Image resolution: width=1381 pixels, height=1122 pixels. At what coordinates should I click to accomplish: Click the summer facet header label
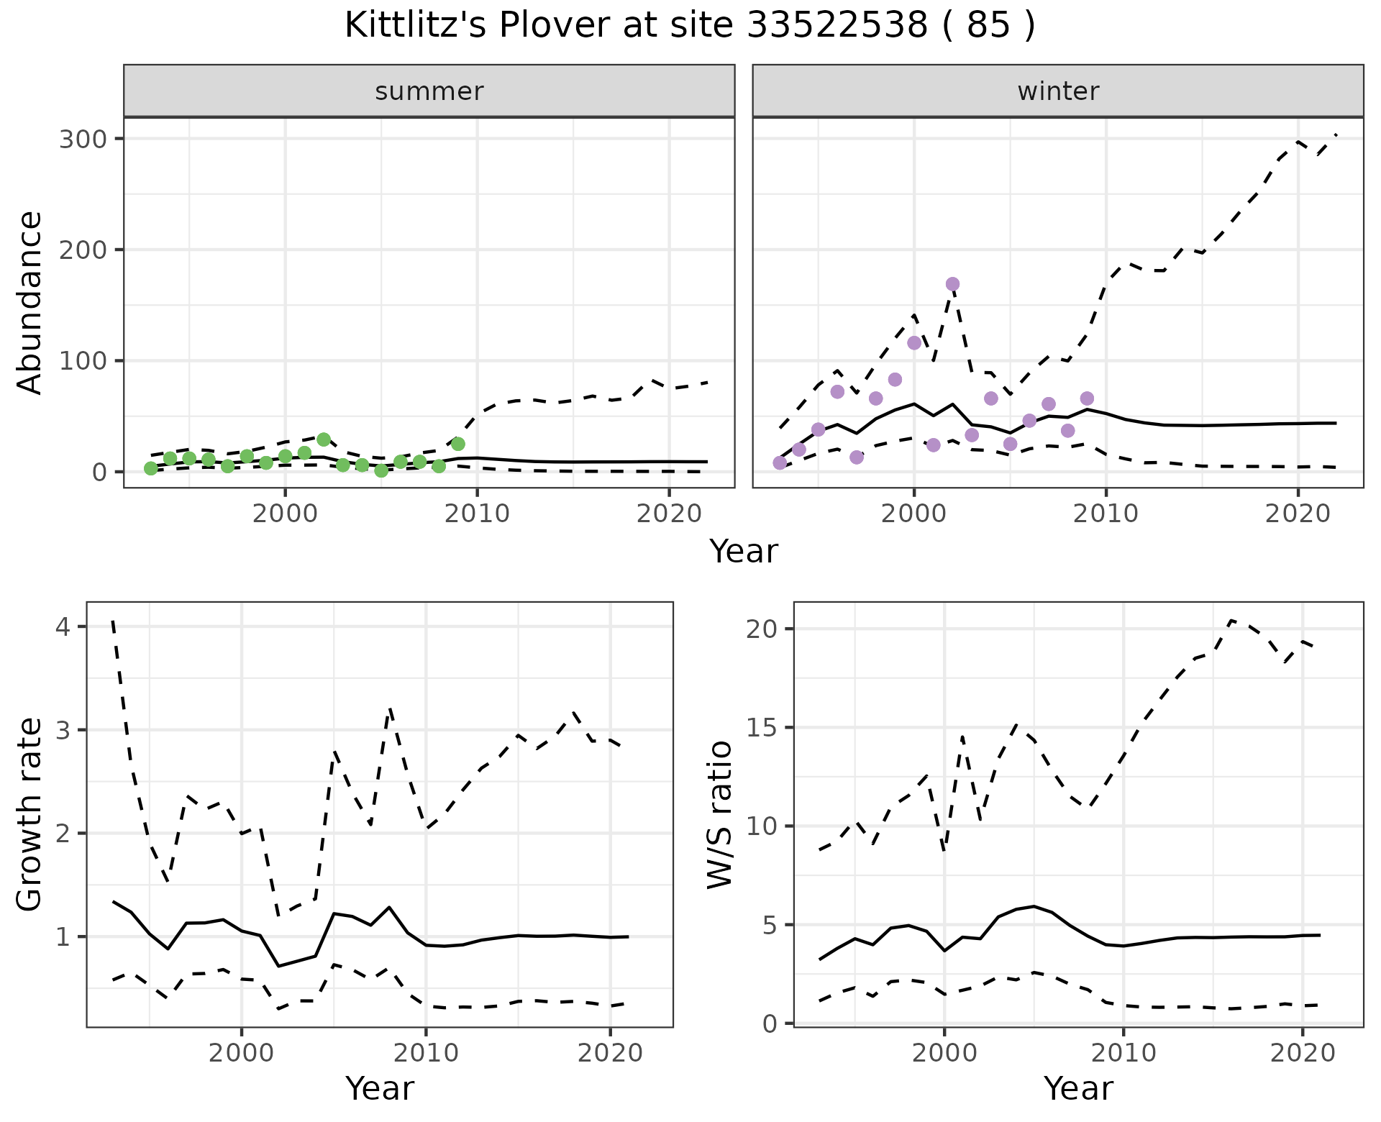tap(429, 91)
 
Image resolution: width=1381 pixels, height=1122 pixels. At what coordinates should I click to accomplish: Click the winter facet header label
tap(1058, 91)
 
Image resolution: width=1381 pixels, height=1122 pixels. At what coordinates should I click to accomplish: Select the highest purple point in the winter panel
tap(952, 284)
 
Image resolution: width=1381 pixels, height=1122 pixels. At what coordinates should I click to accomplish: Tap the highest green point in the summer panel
tap(324, 439)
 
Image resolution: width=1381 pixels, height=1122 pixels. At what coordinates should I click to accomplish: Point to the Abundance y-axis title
tap(30, 302)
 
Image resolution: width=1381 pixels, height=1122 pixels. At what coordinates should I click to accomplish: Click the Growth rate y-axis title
tap(30, 814)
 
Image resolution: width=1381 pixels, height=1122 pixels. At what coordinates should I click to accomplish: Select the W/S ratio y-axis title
tap(719, 814)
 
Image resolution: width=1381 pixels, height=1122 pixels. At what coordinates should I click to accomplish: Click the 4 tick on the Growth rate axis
tap(63, 627)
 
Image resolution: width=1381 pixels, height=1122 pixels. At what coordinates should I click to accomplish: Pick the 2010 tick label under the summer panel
tap(477, 514)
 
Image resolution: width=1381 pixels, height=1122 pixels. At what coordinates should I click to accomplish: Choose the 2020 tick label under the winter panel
tap(1298, 514)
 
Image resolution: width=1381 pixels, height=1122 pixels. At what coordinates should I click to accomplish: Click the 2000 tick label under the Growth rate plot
tap(242, 1053)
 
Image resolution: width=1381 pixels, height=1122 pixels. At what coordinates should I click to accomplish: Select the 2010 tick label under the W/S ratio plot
tap(1124, 1053)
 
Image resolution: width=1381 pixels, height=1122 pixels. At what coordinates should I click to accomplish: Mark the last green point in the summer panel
tap(458, 444)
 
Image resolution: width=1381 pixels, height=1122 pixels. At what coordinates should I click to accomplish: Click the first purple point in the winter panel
tap(780, 462)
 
